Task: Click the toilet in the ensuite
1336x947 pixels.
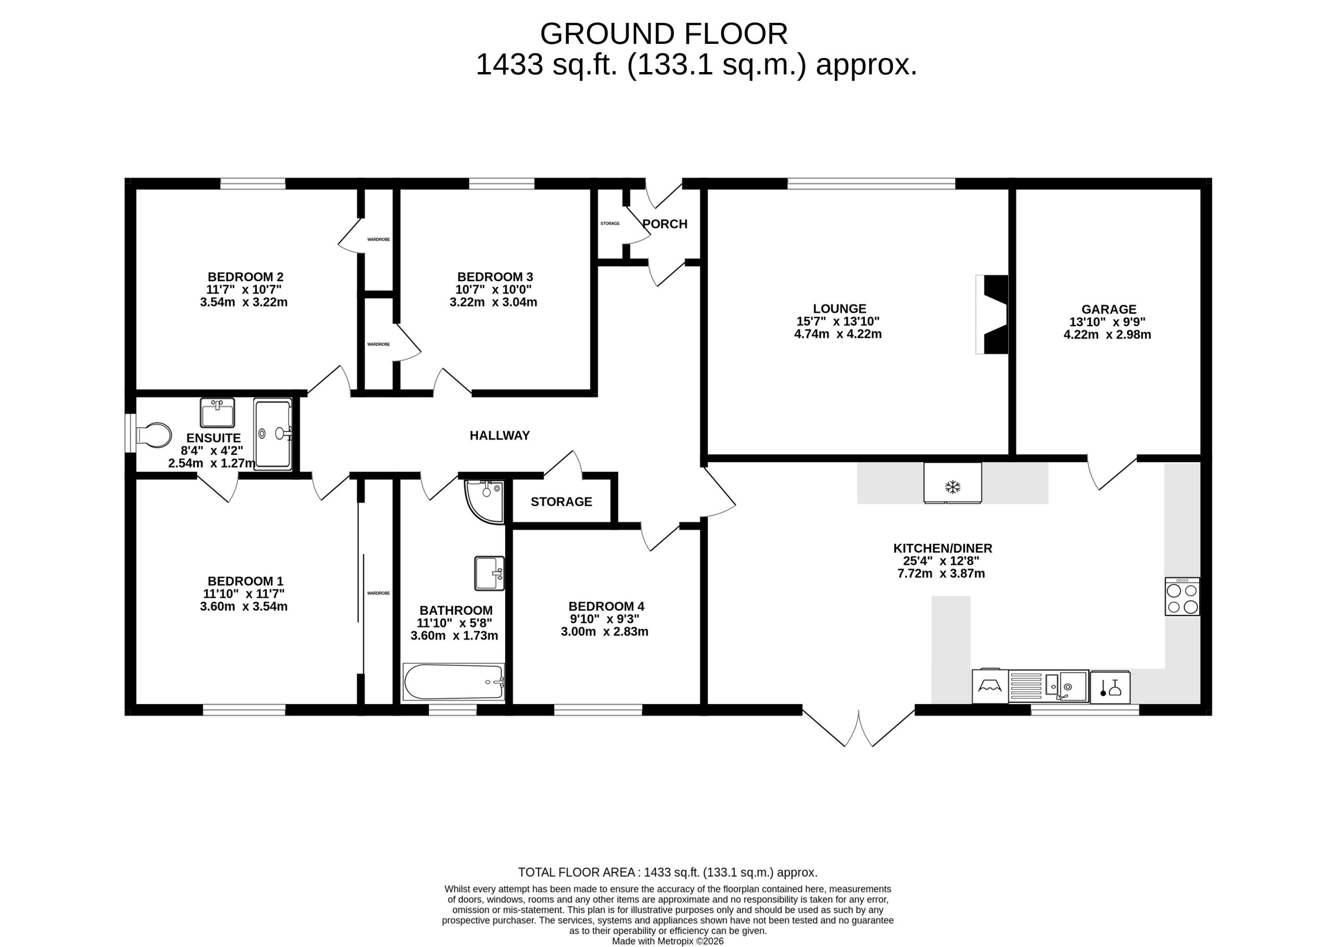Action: [x=154, y=436]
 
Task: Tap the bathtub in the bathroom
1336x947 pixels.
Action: [x=454, y=682]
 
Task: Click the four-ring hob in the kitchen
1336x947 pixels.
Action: [x=1182, y=597]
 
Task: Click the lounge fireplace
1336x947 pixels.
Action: [x=992, y=314]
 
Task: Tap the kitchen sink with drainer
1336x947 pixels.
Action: [x=1049, y=686]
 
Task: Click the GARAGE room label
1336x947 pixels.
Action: [x=1109, y=310]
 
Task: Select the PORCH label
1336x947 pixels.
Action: [x=665, y=224]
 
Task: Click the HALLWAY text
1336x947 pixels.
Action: [x=500, y=435]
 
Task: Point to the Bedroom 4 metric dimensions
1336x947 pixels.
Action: [x=604, y=632]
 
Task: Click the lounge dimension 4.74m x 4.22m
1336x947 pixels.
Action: [x=838, y=334]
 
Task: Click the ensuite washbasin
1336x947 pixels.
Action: [x=217, y=413]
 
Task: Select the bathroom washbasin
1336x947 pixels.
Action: [x=490, y=573]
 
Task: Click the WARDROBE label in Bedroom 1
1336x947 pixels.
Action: [x=378, y=593]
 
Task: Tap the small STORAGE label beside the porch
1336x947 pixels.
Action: [x=610, y=224]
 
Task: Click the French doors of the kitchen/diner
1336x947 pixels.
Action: [x=859, y=727]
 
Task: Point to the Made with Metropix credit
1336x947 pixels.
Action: [x=667, y=941]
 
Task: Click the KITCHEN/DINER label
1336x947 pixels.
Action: [x=943, y=548]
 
